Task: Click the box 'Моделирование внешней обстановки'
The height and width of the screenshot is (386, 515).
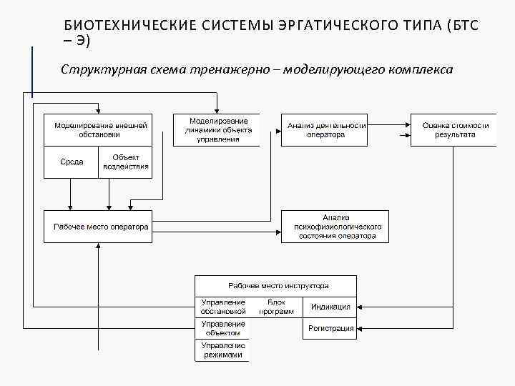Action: click(98, 130)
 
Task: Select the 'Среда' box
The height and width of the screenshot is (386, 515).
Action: click(72, 162)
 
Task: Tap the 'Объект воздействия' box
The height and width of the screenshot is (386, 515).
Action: click(125, 162)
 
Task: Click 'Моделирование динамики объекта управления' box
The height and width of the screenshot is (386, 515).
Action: click(216, 130)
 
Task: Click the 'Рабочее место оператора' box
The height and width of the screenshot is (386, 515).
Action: click(98, 227)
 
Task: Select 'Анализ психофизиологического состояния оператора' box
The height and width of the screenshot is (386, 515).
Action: click(335, 227)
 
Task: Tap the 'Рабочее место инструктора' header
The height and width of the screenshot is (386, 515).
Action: click(277, 284)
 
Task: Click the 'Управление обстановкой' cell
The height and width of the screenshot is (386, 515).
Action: click(223, 307)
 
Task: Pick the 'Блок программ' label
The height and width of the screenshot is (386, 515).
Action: click(276, 307)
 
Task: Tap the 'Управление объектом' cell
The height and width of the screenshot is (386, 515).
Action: click(223, 329)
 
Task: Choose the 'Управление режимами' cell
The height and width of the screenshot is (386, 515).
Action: click(223, 350)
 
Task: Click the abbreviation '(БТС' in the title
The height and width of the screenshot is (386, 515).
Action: click(462, 26)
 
